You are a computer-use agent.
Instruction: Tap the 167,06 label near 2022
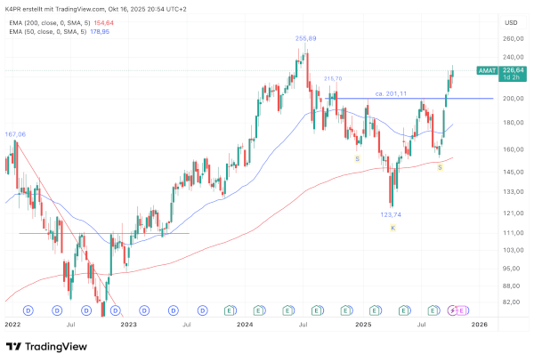[16, 134]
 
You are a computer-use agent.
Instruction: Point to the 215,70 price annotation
[333, 79]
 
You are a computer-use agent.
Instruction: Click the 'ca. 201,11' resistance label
[391, 93]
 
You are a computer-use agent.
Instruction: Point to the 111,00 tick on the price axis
[512, 233]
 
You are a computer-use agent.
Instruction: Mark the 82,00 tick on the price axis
[510, 303]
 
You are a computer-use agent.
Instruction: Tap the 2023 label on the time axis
[130, 326]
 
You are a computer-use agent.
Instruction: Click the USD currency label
[511, 22]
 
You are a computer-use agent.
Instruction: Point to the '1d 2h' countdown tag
[512, 79]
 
